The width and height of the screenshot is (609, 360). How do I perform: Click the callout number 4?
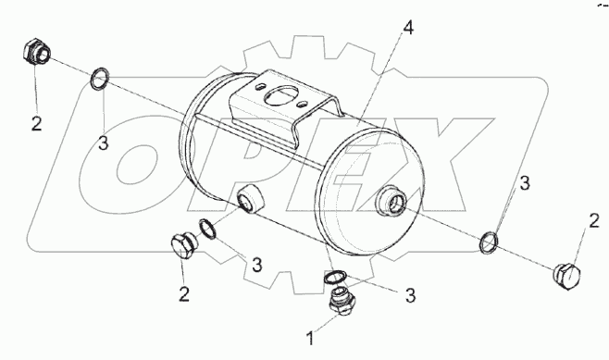coord(408,28)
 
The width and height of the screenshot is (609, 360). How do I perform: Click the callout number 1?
coord(310,338)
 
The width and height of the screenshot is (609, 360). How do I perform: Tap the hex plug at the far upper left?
coord(36,51)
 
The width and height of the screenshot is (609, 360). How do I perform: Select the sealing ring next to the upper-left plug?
coord(99,78)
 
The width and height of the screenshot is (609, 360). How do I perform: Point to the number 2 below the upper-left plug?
coord(36,124)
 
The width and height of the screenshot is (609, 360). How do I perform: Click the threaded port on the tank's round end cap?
coord(391,200)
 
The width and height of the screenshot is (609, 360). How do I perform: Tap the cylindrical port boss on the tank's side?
coord(250,199)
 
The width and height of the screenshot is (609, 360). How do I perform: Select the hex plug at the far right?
coord(566,277)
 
